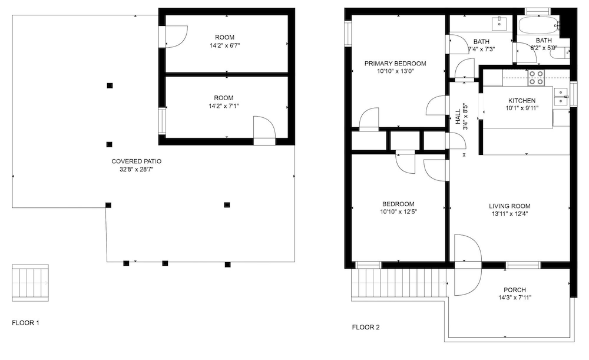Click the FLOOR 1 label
25,323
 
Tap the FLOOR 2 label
366,328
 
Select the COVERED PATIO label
137,161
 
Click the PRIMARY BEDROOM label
395,64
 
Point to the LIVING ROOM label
509,206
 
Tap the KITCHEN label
522,100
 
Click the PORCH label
515,290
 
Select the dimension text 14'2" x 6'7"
224,45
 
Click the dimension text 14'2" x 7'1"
224,106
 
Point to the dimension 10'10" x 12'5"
398,212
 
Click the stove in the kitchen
536,78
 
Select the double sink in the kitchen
561,96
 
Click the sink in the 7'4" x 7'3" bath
499,24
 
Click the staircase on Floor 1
30,283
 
